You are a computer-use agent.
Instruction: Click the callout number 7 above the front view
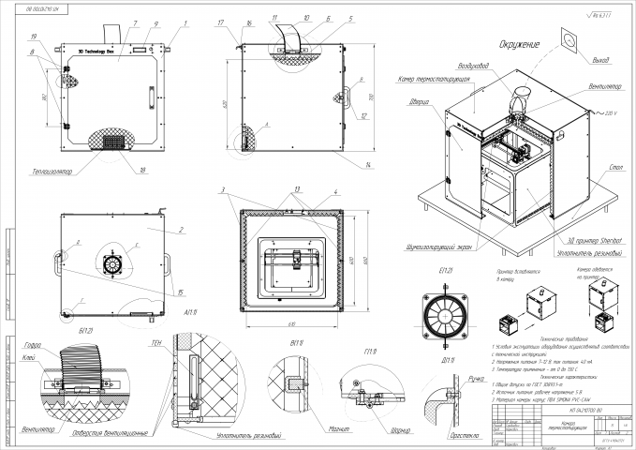point(110,21)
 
